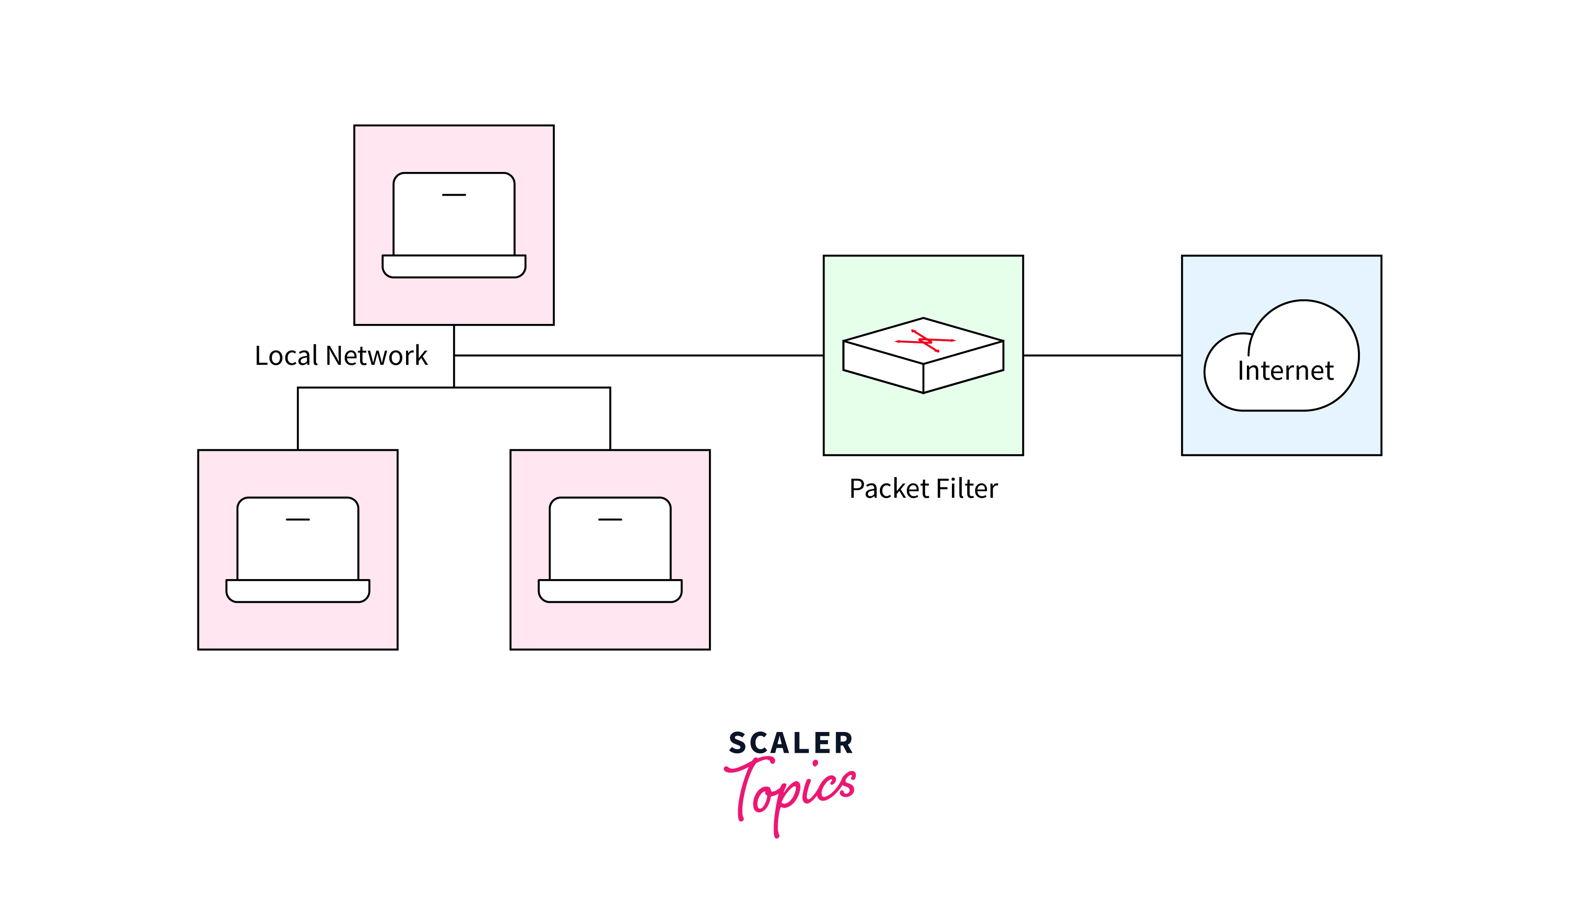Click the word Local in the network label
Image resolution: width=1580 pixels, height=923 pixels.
point(287,356)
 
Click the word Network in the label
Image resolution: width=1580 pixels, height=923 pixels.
point(376,356)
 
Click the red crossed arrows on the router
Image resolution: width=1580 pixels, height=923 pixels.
point(925,341)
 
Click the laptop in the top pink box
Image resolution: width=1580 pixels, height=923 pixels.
point(454,224)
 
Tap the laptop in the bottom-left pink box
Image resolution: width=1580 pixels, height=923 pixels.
point(298,549)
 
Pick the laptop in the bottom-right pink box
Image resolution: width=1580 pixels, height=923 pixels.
point(610,549)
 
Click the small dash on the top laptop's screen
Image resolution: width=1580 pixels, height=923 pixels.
point(454,195)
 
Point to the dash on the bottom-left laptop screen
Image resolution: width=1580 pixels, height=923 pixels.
point(298,520)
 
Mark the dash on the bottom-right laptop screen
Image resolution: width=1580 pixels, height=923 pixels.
point(610,520)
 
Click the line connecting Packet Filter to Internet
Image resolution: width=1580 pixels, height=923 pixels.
point(1102,356)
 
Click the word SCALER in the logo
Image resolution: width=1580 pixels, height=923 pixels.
point(791,744)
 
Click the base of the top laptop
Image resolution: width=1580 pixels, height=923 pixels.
point(454,266)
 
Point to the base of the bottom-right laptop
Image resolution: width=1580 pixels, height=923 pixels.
point(610,591)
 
